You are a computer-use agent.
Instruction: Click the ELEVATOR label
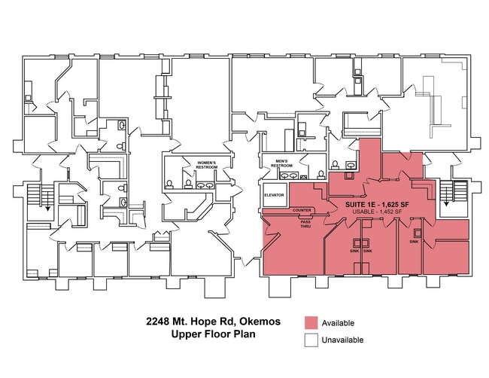click(x=274, y=195)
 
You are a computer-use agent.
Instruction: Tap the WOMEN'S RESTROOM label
click(x=206, y=165)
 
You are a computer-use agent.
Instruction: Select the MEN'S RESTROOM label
click(x=281, y=163)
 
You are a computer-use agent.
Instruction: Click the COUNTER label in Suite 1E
click(x=302, y=210)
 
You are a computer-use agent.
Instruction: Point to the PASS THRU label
click(x=305, y=224)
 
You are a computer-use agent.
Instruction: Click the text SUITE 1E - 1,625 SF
click(x=377, y=205)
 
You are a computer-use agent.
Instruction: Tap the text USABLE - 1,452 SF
click(x=377, y=212)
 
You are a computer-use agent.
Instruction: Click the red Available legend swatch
click(x=311, y=323)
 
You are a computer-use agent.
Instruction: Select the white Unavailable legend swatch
click(x=311, y=340)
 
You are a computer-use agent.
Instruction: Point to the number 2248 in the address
click(x=158, y=322)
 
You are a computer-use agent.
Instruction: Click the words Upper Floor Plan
click(x=214, y=334)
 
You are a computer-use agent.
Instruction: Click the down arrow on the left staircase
click(x=47, y=200)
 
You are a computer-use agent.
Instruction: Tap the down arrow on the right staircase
click(x=446, y=195)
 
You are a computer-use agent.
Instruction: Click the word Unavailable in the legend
click(x=343, y=340)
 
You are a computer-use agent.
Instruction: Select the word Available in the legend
click(x=338, y=323)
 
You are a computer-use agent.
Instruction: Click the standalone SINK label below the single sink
click(x=415, y=242)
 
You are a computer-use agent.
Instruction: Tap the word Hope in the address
click(x=202, y=322)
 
